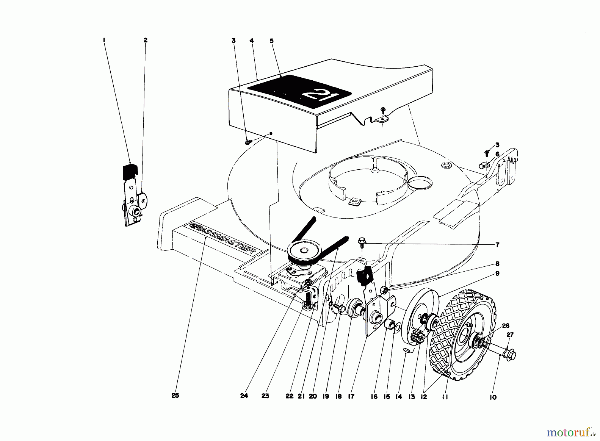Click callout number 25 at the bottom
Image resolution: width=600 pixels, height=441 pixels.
175,396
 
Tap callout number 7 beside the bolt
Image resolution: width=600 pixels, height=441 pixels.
497,245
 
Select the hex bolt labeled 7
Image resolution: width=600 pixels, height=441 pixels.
361,241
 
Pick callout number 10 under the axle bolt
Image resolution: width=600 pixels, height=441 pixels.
493,397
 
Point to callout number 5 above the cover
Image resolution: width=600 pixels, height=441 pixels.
271,41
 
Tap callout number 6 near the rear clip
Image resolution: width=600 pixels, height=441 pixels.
497,154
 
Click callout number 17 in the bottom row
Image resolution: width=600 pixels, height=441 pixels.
351,397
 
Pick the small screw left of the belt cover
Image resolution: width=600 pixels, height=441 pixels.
247,142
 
